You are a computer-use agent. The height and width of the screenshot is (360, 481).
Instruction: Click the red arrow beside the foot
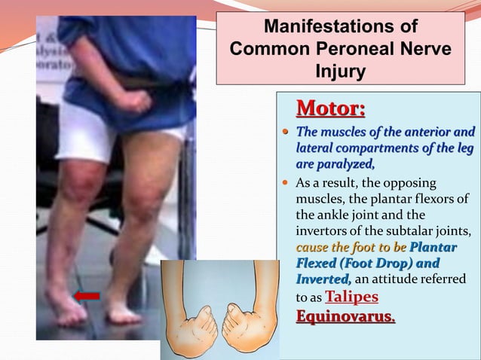pyautogui.click(x=87, y=296)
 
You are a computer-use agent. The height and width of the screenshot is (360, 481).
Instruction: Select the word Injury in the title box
pyautogui.click(x=340, y=72)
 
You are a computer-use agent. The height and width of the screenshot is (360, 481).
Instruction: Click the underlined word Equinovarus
pyautogui.click(x=345, y=316)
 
